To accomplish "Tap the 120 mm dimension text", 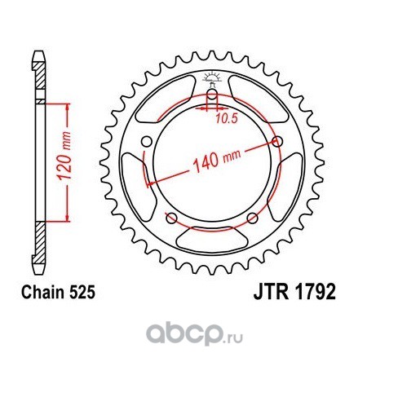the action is pos(64,156).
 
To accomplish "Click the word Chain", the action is pos(43,293).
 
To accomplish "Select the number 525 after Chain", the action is pos(82,293).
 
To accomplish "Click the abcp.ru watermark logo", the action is pos(194,334).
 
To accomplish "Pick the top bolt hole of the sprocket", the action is pos(212,95).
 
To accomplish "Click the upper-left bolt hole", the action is pos(147,142).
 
